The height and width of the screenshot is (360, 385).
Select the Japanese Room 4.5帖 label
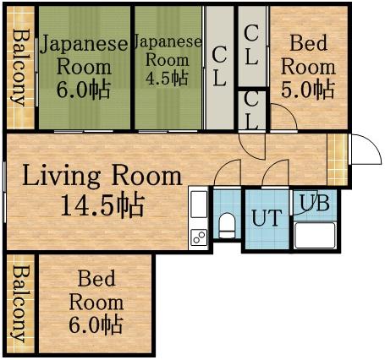point(168,59)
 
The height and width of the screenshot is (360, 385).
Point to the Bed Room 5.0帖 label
point(308,65)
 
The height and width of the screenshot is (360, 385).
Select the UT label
point(267,218)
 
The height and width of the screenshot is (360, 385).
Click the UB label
point(315,203)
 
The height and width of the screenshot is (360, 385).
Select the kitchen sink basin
point(199,205)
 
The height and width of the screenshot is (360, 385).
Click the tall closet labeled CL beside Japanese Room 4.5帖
point(219,66)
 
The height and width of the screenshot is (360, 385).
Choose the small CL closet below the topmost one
point(252,108)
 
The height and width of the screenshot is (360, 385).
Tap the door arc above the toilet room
point(227,174)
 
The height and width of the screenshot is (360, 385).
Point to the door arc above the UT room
point(276,174)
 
